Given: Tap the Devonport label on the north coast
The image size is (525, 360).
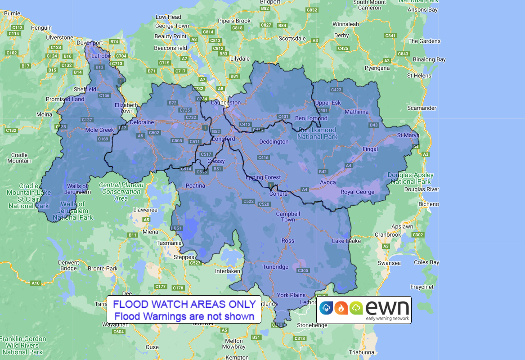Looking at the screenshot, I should [x=90, y=43].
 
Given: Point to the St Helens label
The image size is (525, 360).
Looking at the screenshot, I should [x=419, y=76].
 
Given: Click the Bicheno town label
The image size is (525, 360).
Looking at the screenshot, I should [x=428, y=204].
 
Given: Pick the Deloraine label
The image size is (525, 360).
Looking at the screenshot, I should [x=142, y=122].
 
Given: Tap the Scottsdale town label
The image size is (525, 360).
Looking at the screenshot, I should [x=292, y=39].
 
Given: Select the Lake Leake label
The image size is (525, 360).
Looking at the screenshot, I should [x=346, y=241].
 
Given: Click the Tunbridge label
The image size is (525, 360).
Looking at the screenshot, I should [x=275, y=266].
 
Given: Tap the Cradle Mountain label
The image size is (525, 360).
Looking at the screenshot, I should [x=19, y=157].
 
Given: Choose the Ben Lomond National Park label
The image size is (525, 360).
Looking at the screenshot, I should [x=317, y=133].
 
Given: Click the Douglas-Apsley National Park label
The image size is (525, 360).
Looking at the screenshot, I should [x=411, y=178].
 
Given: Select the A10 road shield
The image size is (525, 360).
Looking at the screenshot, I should [x=36, y=283].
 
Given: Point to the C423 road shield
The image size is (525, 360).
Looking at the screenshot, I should [x=336, y=90].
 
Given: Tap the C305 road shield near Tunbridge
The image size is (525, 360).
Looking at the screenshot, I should [x=303, y=270].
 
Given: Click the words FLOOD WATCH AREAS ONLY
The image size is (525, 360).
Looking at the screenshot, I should [x=184, y=304].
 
